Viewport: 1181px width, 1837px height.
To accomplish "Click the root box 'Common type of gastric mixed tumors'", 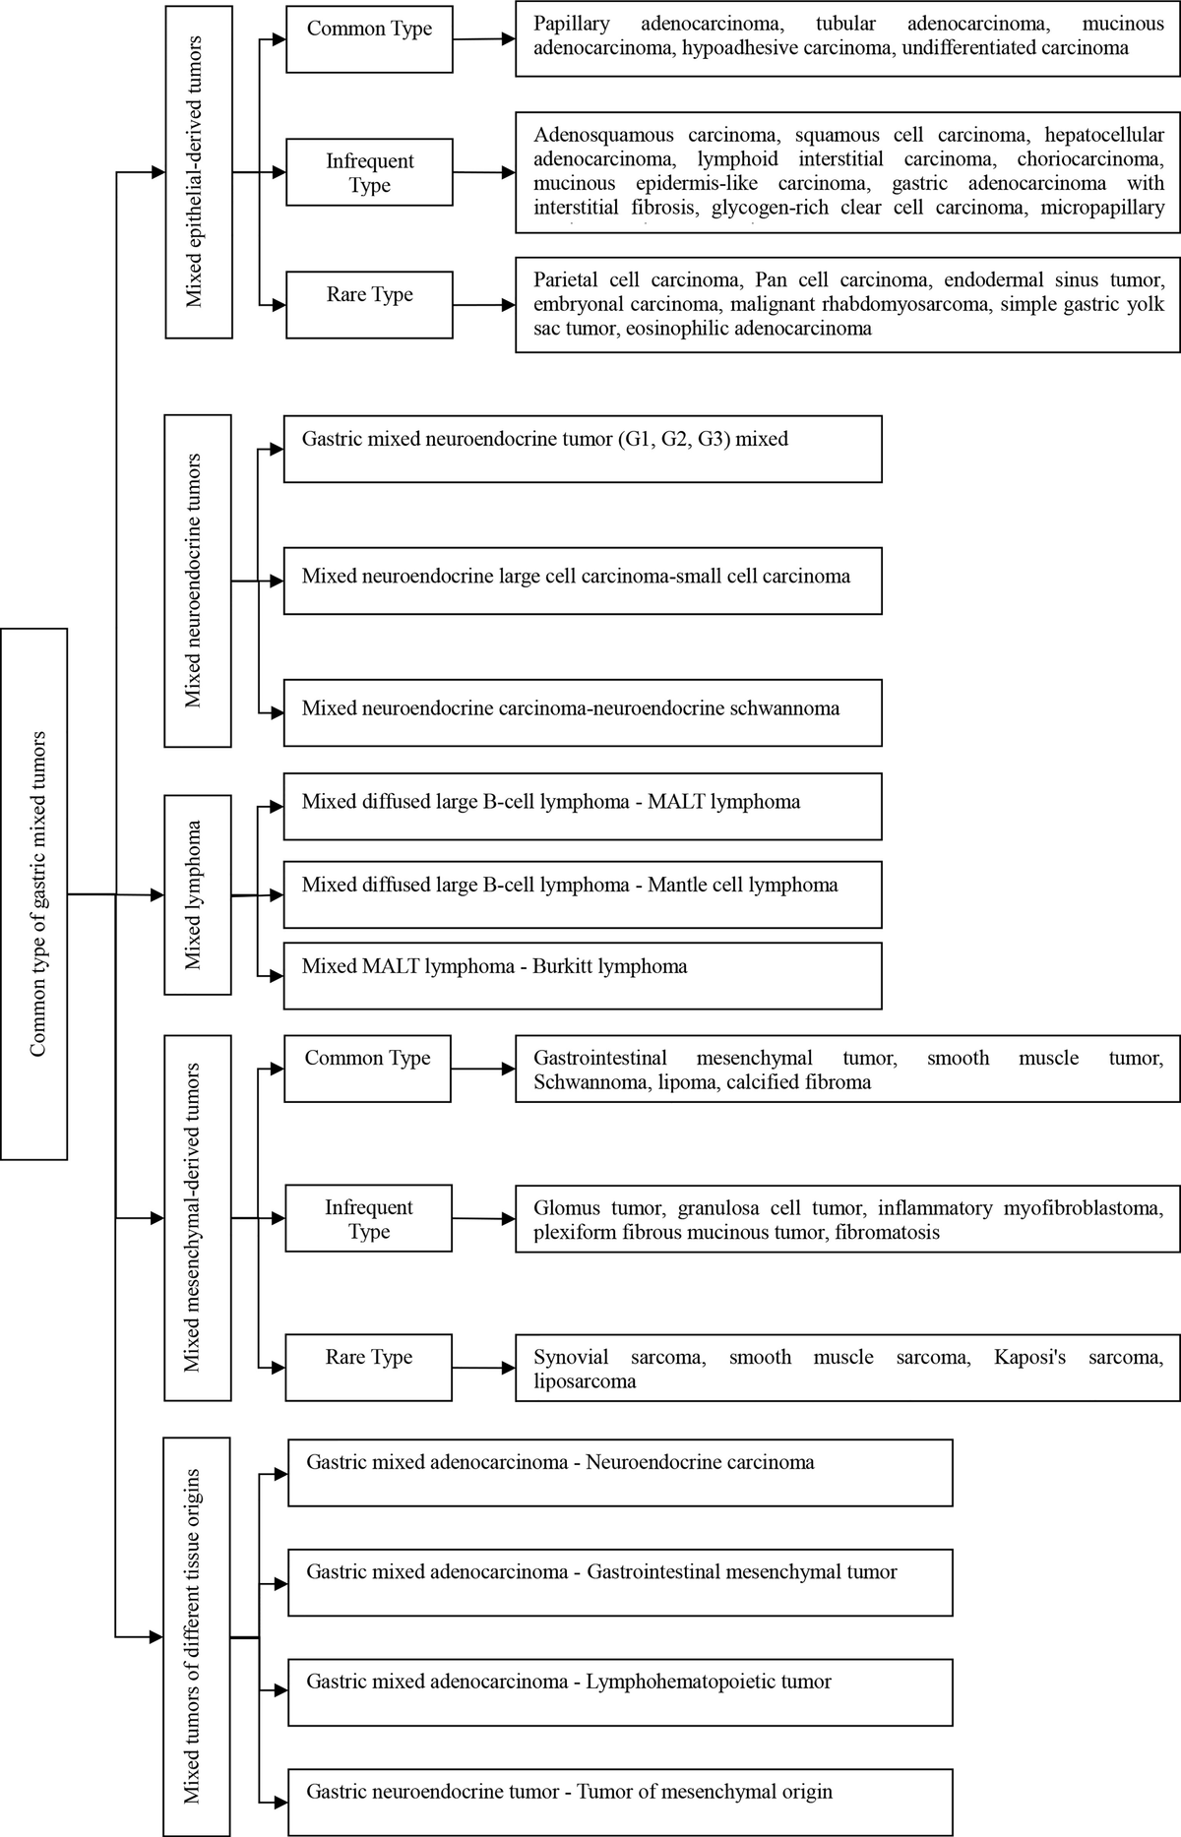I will tap(34, 893).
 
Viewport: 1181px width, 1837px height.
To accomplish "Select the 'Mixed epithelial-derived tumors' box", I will tap(198, 171).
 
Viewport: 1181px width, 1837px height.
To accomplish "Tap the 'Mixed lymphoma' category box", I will tap(198, 894).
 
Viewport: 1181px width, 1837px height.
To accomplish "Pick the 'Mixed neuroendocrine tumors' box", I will tap(198, 581).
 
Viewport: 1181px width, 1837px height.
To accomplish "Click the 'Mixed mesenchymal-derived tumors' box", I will tap(198, 1217).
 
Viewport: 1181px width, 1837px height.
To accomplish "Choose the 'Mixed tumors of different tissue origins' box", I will tap(198, 1635).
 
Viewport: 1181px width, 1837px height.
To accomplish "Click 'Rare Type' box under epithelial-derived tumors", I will tap(369, 305).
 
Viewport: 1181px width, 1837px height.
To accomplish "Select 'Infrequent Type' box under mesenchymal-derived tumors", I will tap(369, 1218).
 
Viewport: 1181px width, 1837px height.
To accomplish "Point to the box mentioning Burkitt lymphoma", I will tap(582, 975).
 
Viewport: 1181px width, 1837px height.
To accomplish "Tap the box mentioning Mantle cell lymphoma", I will tap(582, 893).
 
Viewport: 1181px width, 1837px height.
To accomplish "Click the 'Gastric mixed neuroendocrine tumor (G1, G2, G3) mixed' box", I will tap(582, 448).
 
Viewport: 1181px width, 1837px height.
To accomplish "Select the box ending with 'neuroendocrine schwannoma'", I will tap(582, 711).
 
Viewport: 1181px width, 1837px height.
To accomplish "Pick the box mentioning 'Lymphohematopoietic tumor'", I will tap(620, 1691).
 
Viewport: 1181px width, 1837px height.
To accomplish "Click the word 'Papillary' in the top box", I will tap(572, 24).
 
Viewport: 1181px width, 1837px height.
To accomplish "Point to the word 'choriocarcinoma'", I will tap(1090, 159).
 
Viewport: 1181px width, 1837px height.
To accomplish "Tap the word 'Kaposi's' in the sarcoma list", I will tap(1029, 1358).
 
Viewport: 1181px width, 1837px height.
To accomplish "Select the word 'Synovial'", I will tap(571, 1358).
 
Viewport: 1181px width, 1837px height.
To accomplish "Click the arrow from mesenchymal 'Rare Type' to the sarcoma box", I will tap(483, 1368).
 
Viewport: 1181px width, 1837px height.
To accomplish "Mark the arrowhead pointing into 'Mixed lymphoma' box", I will tap(156, 895).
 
